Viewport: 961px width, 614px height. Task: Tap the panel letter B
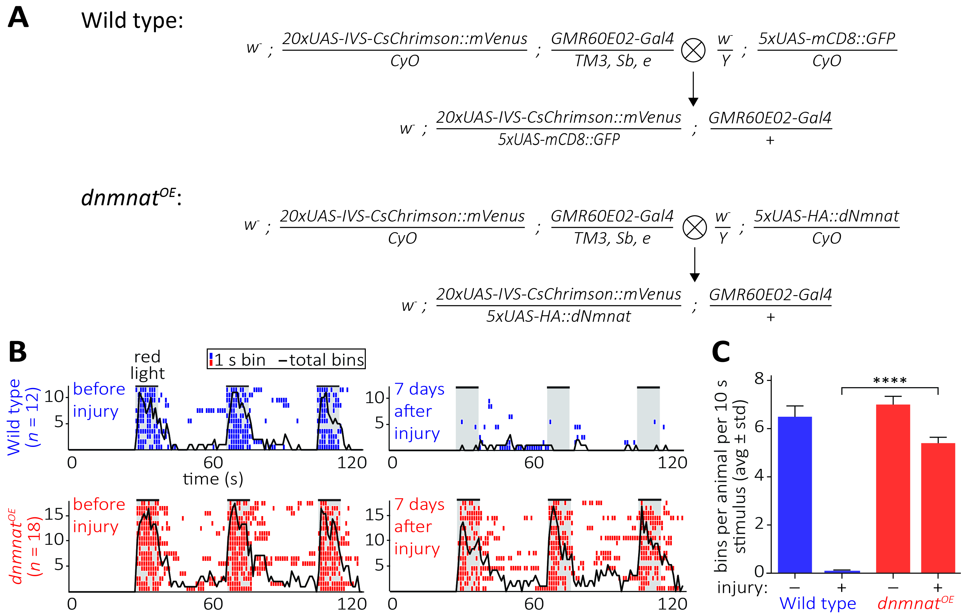17,352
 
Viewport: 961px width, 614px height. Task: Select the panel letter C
721,352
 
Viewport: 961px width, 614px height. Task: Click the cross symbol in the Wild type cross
693,50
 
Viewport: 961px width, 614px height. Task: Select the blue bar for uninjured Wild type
795,495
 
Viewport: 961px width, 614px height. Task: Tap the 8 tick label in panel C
759,379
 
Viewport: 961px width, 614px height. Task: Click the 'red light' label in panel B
147,365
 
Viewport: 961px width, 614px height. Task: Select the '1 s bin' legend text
240,360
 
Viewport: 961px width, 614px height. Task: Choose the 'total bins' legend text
326,360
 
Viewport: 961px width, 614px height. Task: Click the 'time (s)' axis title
213,479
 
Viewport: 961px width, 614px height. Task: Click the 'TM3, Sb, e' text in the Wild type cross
613,61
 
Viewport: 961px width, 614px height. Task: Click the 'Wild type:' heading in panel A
132,20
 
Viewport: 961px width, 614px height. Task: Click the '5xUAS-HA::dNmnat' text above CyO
826,216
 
